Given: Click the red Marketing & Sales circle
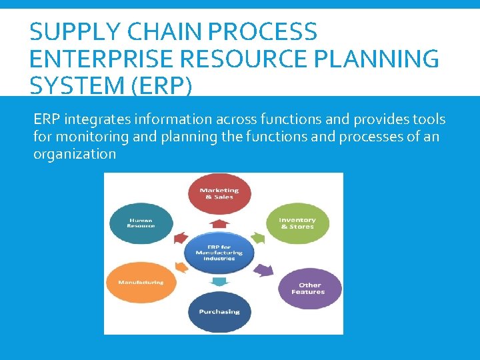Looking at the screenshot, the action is [219, 194].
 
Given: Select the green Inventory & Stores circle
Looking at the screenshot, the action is [297, 223].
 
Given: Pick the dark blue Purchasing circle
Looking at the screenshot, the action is [219, 312].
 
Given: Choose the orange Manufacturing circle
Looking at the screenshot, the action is [141, 283].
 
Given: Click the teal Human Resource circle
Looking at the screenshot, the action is [141, 223].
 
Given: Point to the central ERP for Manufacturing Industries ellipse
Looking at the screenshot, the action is [215, 252].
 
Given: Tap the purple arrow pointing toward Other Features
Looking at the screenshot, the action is [264, 269].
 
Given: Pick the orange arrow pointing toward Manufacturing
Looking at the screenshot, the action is [179, 267].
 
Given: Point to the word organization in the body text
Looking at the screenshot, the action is [75, 154].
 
